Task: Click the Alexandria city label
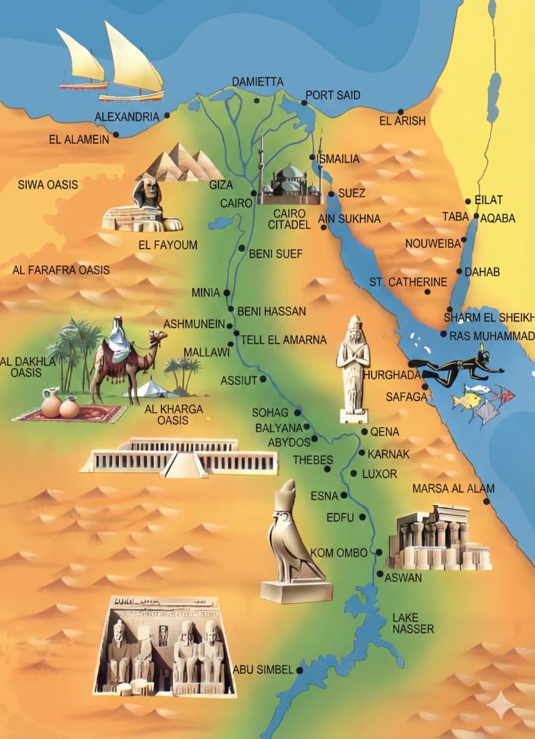(127, 117)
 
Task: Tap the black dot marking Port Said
(304, 103)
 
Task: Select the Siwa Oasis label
(48, 185)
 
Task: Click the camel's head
(157, 337)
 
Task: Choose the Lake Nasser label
(414, 623)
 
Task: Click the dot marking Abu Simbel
(300, 671)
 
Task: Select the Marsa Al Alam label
(453, 488)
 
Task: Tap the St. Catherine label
(408, 282)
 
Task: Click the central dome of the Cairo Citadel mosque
(291, 173)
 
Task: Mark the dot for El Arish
(401, 112)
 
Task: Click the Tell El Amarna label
(284, 340)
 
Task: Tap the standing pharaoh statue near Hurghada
(353, 365)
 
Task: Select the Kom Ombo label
(339, 552)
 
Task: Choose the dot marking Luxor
(353, 474)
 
